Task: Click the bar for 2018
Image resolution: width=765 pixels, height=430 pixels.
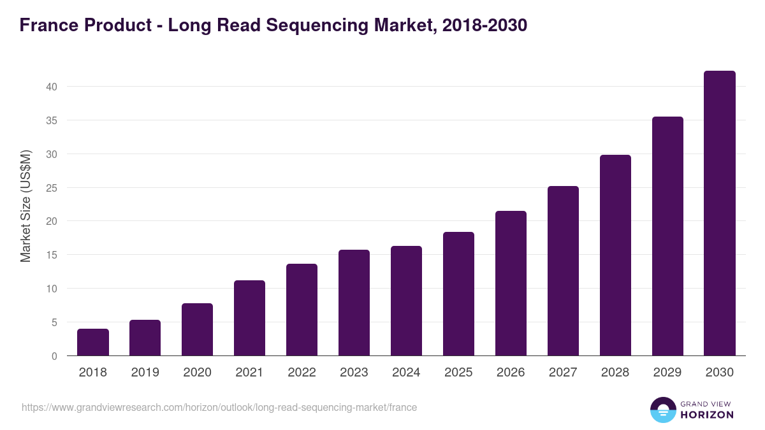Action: (x=93, y=343)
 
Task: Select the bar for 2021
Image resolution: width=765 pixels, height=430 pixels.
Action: (x=249, y=318)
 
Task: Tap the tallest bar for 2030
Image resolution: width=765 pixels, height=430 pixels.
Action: (x=720, y=213)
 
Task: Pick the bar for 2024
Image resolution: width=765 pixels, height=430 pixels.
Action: (x=406, y=301)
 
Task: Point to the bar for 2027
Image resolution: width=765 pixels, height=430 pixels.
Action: (x=563, y=271)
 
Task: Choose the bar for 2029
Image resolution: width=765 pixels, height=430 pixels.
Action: (x=667, y=236)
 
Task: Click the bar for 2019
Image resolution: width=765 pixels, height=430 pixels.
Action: (x=145, y=338)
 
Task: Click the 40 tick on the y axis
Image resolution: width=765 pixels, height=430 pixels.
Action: (x=56, y=87)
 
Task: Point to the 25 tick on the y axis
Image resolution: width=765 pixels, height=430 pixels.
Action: (x=56, y=188)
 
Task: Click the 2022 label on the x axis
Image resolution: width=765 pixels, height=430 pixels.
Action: (x=302, y=373)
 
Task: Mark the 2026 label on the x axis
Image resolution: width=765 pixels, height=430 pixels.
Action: (x=511, y=373)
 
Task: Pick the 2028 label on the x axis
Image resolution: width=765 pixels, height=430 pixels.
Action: (x=615, y=373)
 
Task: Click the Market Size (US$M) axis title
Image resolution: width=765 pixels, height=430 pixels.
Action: (x=25, y=206)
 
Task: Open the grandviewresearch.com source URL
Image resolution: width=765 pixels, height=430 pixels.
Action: (x=219, y=407)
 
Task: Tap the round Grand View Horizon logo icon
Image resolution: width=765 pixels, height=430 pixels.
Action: (x=662, y=410)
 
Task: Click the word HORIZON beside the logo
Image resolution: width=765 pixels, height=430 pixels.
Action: (x=708, y=415)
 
